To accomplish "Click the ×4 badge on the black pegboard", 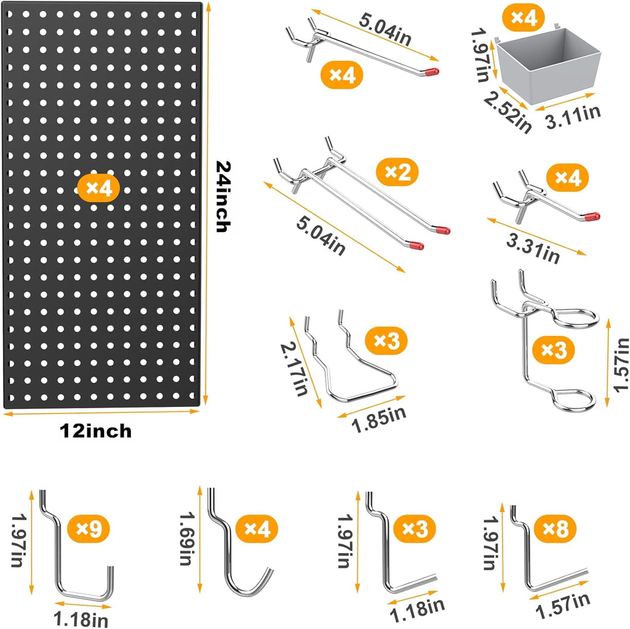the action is click(x=98, y=188).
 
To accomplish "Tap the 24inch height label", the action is click(x=223, y=197).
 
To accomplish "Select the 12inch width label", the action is click(x=95, y=431).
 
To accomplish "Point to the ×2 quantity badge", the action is click(x=397, y=172).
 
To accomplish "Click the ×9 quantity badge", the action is click(x=89, y=529).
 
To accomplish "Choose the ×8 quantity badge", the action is click(x=556, y=528).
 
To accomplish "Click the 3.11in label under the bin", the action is click(x=573, y=116).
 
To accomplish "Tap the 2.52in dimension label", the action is click(x=508, y=112).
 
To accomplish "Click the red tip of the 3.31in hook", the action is click(x=592, y=216).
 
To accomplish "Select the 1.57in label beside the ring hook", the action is click(x=621, y=365).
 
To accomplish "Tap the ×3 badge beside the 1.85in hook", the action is click(x=386, y=341).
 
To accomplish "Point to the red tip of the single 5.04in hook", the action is click(x=433, y=72).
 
